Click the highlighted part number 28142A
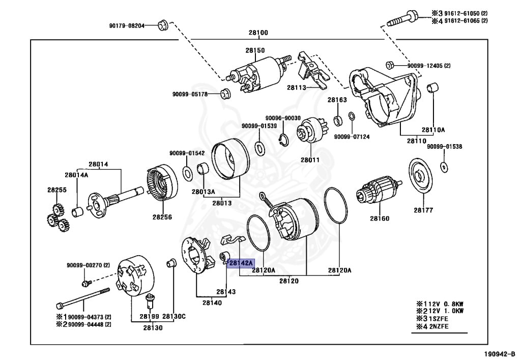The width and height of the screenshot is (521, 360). click(x=240, y=263)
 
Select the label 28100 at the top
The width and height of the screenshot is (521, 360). click(x=258, y=33)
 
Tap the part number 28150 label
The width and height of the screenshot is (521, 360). click(x=255, y=50)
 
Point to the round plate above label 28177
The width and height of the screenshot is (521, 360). click(x=422, y=176)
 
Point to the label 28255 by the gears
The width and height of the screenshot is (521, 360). click(x=57, y=190)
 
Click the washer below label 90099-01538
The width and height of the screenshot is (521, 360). click(x=444, y=166)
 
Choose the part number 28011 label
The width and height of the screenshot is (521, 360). click(x=310, y=159)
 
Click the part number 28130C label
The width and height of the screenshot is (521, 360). click(x=175, y=316)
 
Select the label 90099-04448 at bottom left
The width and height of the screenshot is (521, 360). click(x=89, y=324)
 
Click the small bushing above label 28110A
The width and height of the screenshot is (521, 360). click(x=432, y=88)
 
